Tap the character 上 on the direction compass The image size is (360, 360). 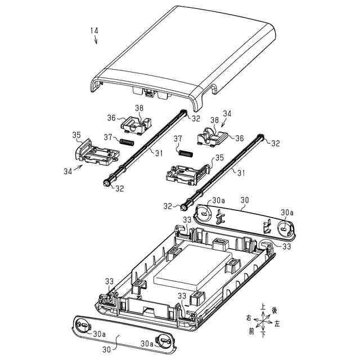pos(263,308)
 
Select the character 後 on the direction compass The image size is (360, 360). pos(274,310)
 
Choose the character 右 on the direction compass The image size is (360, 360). pos(247,318)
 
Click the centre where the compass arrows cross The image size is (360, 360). pos(263,322)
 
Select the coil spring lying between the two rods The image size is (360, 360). pos(185,152)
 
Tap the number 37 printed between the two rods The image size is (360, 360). pos(178,138)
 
